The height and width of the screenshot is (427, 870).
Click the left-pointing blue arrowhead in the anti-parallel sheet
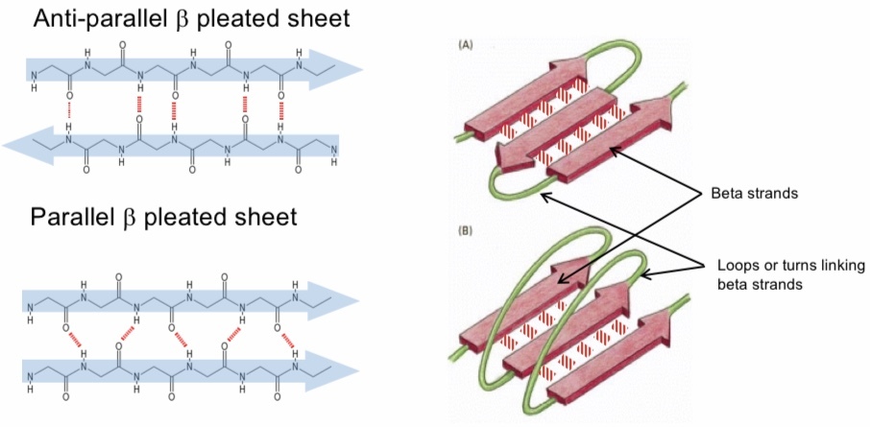point(16,144)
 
